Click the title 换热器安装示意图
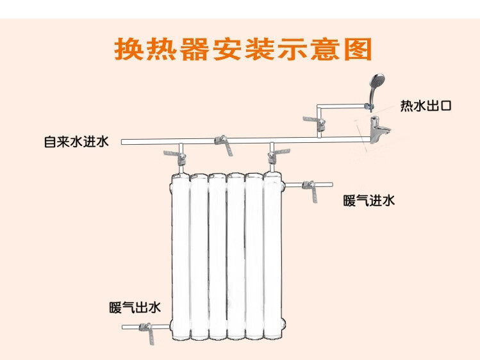(x=243, y=49)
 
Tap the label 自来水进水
(x=76, y=142)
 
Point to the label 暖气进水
(x=369, y=201)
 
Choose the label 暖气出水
(x=135, y=307)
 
